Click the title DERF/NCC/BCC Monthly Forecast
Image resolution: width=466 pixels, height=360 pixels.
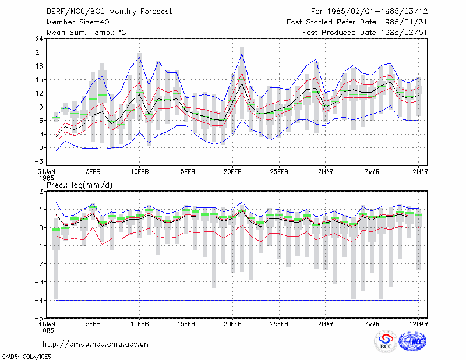click(x=109, y=12)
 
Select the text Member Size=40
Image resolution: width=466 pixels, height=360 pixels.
click(x=78, y=22)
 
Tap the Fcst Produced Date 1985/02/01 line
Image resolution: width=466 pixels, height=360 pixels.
click(x=365, y=33)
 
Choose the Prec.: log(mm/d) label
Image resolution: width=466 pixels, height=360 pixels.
click(x=79, y=185)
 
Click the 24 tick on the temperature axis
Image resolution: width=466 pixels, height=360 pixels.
click(x=40, y=38)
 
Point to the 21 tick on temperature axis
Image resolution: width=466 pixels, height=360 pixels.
click(x=40, y=52)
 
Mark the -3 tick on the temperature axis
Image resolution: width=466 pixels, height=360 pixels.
click(x=39, y=161)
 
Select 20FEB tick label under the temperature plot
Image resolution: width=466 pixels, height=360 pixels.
click(x=232, y=171)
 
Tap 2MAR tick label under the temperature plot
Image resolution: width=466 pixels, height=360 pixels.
click(x=326, y=171)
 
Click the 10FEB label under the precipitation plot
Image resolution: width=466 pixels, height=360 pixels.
click(x=139, y=324)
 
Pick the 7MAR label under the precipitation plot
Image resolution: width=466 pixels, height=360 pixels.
click(x=372, y=324)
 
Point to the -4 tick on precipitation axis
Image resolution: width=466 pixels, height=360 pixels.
click(x=39, y=300)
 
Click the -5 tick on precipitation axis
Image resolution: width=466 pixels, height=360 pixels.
click(x=39, y=319)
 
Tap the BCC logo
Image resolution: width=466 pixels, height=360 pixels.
click(x=386, y=341)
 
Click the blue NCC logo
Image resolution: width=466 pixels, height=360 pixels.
click(x=413, y=341)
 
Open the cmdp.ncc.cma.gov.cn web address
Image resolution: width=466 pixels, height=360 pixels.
click(x=96, y=344)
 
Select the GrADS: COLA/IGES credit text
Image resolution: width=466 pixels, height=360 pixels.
click(x=26, y=357)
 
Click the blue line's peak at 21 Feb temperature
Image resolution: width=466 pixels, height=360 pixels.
click(x=242, y=53)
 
